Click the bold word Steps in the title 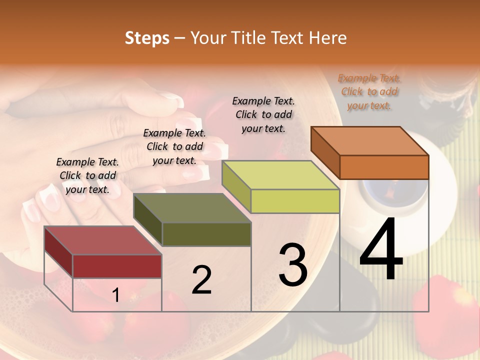pyautogui.click(x=147, y=38)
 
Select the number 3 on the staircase pyautogui.click(x=292, y=265)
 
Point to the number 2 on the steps pyautogui.click(x=201, y=280)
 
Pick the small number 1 pyautogui.click(x=116, y=295)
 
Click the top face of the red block pyautogui.click(x=103, y=240)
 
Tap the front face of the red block pyautogui.click(x=117, y=266)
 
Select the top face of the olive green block pyautogui.click(x=192, y=208)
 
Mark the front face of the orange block pyautogui.click(x=384, y=167)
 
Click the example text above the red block pyautogui.click(x=87, y=175)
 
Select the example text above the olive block pyautogui.click(x=174, y=146)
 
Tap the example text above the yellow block pyautogui.click(x=263, y=114)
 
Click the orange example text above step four pyautogui.click(x=369, y=92)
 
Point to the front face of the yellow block pyautogui.click(x=295, y=201)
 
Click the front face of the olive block pyautogui.click(x=206, y=234)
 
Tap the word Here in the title pyautogui.click(x=328, y=38)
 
